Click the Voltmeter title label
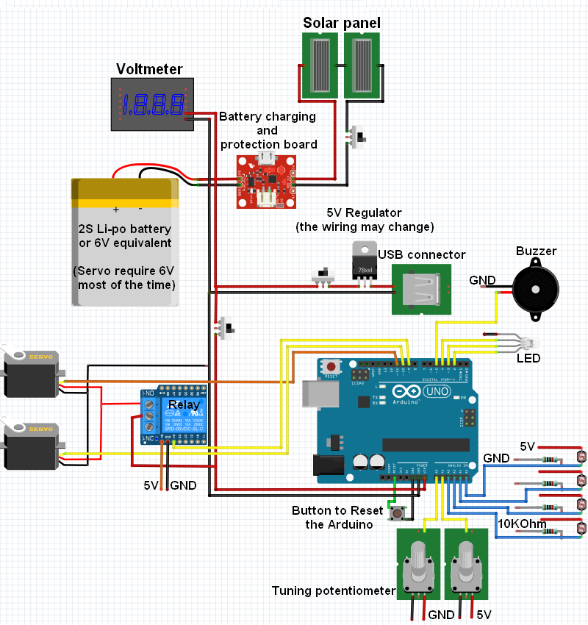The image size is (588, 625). tap(149, 70)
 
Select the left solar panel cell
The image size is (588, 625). tap(321, 66)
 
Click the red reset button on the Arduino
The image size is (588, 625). tap(332, 366)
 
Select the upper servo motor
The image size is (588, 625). tap(31, 373)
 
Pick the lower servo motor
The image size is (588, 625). tap(31, 445)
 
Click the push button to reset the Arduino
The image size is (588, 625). tap(398, 512)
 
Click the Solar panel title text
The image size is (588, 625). tap(342, 23)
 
